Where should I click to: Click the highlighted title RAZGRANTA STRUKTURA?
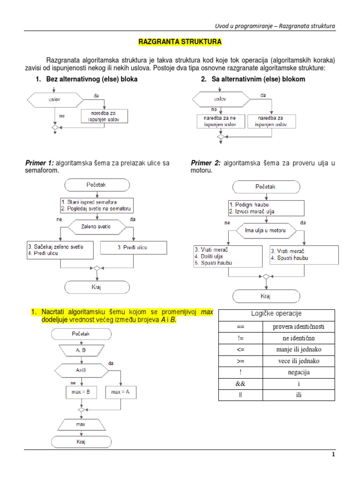(x=180, y=42)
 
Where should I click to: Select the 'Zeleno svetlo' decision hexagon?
(x=96, y=226)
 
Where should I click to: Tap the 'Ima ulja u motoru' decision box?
(x=266, y=231)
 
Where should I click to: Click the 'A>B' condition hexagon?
(x=81, y=369)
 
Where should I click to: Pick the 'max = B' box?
(x=80, y=391)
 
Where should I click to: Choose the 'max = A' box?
(x=120, y=391)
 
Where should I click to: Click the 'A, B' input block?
(x=81, y=350)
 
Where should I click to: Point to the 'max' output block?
(x=81, y=424)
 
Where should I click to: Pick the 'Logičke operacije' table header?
(x=277, y=314)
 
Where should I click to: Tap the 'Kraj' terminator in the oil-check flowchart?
(x=266, y=296)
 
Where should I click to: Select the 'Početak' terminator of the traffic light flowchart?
(x=96, y=184)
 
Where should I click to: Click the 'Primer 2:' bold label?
(x=205, y=163)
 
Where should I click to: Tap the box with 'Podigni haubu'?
(x=266, y=208)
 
